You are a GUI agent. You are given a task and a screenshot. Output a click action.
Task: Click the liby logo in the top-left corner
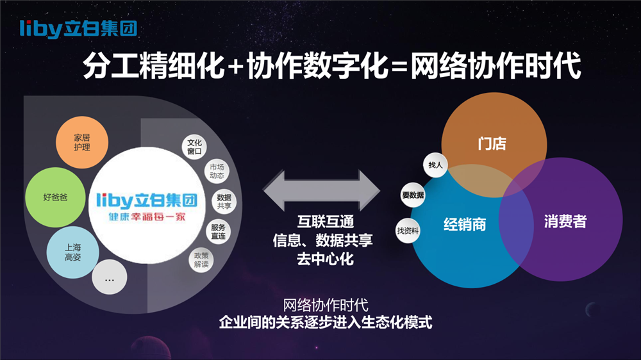coord(78,29)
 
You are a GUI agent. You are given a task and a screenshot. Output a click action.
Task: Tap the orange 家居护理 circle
coord(82,142)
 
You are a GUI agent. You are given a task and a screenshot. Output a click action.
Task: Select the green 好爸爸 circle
coord(55,197)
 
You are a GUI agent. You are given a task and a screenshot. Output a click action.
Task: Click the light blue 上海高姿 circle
coord(73,252)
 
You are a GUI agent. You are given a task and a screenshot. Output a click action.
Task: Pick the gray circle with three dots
coord(109,277)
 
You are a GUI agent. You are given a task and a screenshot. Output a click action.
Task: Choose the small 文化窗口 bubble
coord(194,147)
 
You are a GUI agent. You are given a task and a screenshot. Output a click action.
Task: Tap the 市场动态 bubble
coord(217,171)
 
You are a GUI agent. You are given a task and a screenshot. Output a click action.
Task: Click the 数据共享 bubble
coord(224,201)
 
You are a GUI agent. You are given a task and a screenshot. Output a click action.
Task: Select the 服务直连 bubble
coord(219,232)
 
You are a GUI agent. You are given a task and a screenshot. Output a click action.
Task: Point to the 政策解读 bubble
coord(201,260)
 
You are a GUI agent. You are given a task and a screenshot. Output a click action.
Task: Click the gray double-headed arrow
coord(321,190)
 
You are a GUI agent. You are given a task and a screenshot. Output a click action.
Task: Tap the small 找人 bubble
coord(435,165)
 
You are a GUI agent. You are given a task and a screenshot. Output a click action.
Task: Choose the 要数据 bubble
coord(413,195)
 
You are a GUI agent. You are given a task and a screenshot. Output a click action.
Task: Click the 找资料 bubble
coord(408,231)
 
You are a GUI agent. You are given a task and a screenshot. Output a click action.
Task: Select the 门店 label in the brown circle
coord(492,144)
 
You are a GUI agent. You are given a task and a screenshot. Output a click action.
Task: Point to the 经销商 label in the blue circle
coord(465,224)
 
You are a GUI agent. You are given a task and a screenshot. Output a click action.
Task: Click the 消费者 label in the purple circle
coord(565,222)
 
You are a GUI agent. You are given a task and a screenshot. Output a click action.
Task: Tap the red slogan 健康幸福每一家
coord(147,217)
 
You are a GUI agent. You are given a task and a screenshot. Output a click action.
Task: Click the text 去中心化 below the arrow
coord(326,259)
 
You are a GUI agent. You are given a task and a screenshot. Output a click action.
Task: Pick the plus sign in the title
coord(236,67)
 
